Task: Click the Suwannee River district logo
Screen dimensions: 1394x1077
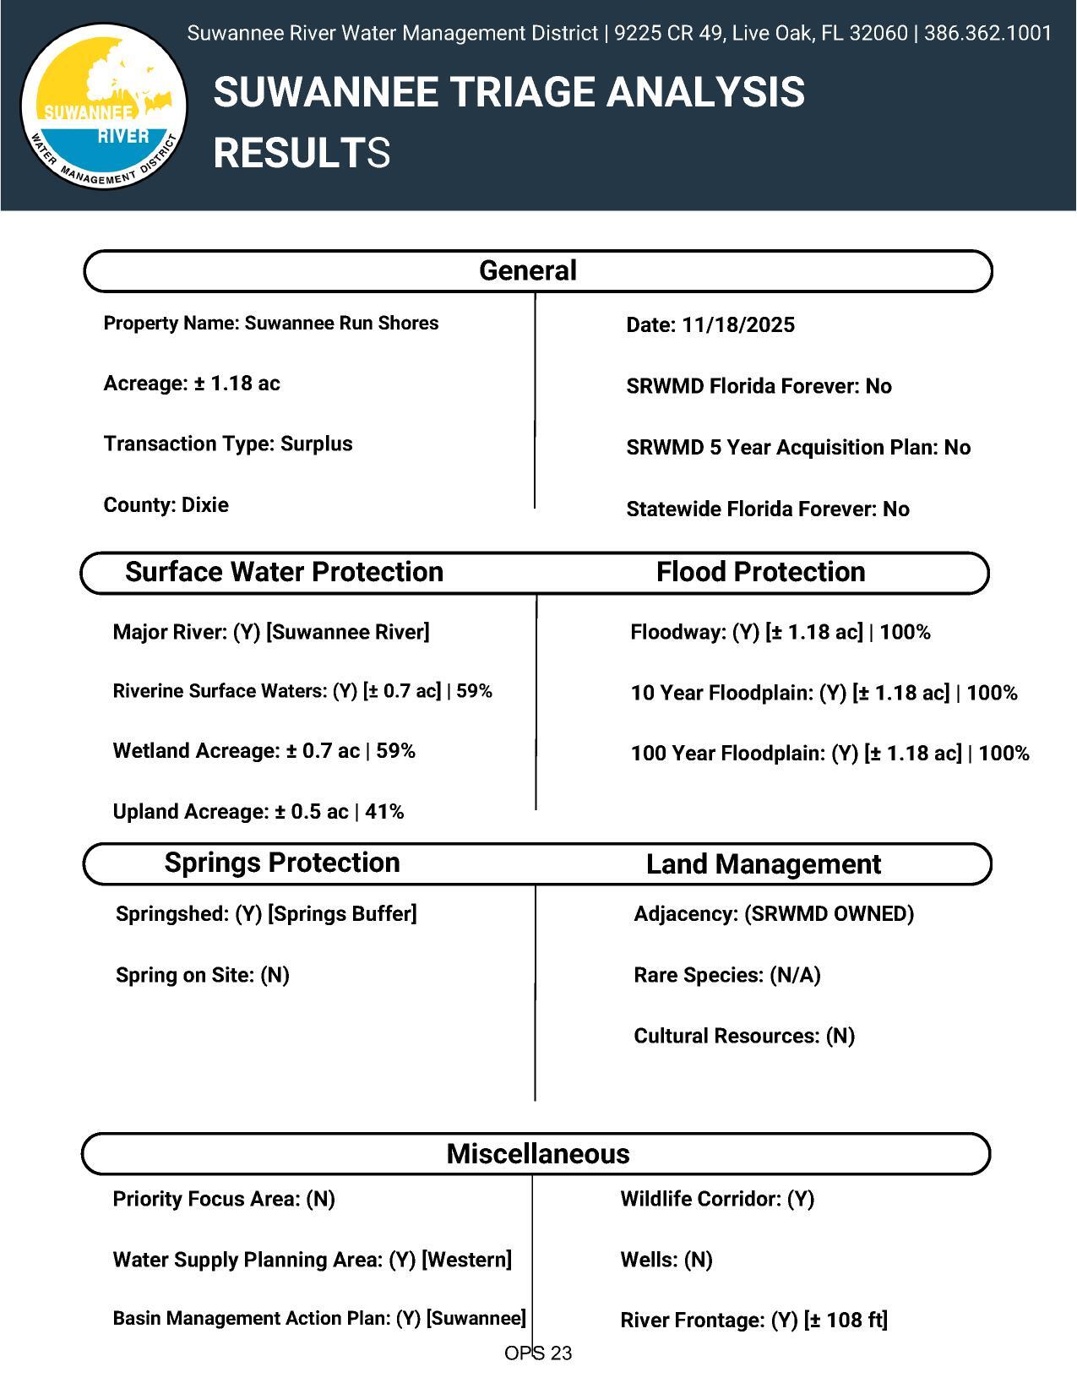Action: click(103, 106)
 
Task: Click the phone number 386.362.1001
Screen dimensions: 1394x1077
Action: click(987, 34)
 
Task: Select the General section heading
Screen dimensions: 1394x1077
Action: click(528, 271)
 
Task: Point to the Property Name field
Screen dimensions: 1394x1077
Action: click(270, 324)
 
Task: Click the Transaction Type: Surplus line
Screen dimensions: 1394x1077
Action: click(228, 444)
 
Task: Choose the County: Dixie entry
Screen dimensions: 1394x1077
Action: click(166, 505)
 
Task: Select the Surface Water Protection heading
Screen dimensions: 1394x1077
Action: click(284, 572)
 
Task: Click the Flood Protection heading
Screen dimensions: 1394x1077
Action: click(760, 572)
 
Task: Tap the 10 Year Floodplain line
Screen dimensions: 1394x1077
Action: click(824, 694)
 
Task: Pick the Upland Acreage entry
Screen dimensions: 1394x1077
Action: click(258, 812)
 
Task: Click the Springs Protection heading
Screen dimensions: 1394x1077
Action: click(282, 863)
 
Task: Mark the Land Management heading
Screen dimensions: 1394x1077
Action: click(763, 864)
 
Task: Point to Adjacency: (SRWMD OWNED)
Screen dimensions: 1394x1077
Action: click(774, 914)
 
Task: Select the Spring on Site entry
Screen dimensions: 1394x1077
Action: click(203, 976)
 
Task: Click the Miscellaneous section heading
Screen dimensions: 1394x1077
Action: click(538, 1154)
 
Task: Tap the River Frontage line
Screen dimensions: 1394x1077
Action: click(753, 1320)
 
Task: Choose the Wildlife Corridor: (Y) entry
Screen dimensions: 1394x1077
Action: click(717, 1200)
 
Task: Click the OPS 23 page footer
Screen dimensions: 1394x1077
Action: click(538, 1353)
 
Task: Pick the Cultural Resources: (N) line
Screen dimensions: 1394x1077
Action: click(744, 1037)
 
